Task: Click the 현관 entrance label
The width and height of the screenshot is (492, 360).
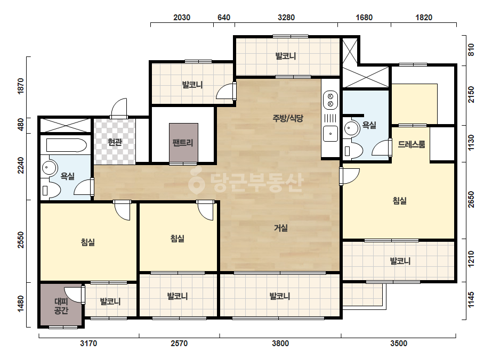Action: tap(115, 142)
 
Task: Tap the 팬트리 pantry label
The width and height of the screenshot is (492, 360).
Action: tap(183, 143)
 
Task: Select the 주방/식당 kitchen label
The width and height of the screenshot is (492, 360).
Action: tap(288, 118)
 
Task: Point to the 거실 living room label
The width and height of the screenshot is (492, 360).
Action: tap(281, 228)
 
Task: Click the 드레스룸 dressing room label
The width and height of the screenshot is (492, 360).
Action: tap(412, 144)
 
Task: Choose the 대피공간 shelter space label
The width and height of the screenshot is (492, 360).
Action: tap(61, 306)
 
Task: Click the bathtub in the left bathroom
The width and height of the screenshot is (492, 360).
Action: tap(66, 145)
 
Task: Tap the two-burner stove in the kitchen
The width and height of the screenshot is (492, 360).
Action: tap(330, 100)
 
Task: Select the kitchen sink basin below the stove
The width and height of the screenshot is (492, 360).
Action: tap(330, 134)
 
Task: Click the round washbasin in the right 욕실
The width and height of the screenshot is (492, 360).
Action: tap(351, 128)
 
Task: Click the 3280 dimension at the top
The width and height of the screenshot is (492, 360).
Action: tap(286, 17)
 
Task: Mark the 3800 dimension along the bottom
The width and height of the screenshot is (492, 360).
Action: tap(280, 343)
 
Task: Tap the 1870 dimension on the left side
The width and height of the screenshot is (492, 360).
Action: tap(20, 86)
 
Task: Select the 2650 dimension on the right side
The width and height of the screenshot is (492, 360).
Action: tap(471, 200)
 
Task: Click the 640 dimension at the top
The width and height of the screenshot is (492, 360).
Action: tap(224, 17)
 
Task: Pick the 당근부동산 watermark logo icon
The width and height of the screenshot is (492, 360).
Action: tap(196, 181)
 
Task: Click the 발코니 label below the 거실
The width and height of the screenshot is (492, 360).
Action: tap(280, 296)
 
